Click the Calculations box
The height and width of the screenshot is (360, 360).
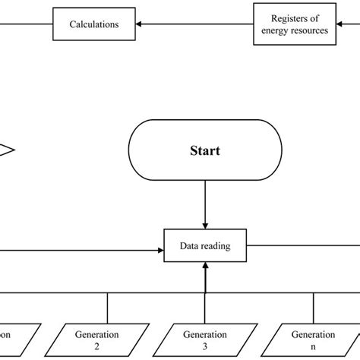tap(95, 24)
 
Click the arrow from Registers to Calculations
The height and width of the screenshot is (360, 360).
tap(197, 24)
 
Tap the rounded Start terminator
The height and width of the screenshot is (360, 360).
tap(204, 151)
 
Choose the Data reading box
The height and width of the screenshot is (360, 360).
tap(204, 246)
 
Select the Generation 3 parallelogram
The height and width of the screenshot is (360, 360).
tap(204, 339)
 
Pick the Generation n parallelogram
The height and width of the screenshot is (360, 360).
tap(312, 339)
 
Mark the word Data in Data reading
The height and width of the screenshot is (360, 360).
tap(188, 246)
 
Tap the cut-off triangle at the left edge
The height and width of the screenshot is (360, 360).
tap(6, 150)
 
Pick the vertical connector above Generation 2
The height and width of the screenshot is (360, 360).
tap(107, 308)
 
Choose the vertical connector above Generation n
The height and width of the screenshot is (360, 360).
tap(312, 308)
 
